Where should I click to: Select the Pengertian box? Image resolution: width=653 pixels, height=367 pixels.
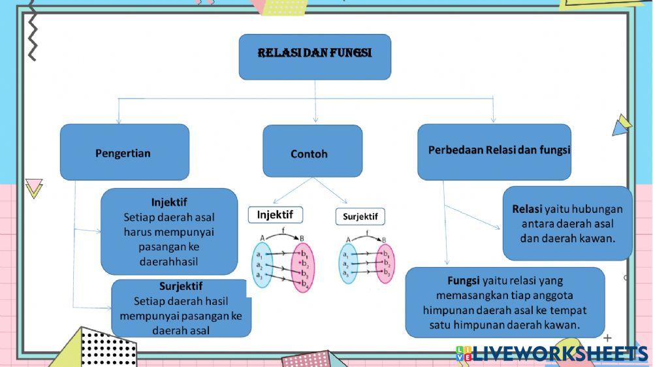pyautogui.click(x=124, y=153)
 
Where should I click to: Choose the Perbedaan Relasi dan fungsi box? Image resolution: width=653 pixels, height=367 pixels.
pyautogui.click(x=494, y=152)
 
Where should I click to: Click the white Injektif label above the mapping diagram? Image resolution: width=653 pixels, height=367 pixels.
pyautogui.click(x=275, y=215)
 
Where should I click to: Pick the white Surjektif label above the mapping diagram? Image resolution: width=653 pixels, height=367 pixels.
pyautogui.click(x=360, y=216)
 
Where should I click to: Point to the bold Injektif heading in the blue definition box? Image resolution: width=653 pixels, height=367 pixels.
pyautogui.click(x=169, y=202)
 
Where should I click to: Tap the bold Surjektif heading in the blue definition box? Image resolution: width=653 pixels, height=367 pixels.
pyautogui.click(x=181, y=286)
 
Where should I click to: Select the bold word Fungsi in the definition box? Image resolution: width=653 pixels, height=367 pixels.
pyautogui.click(x=464, y=281)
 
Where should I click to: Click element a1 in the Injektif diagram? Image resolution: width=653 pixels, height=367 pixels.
pyautogui.click(x=259, y=253)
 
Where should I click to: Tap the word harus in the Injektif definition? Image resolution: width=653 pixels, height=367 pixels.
pyautogui.click(x=138, y=232)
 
